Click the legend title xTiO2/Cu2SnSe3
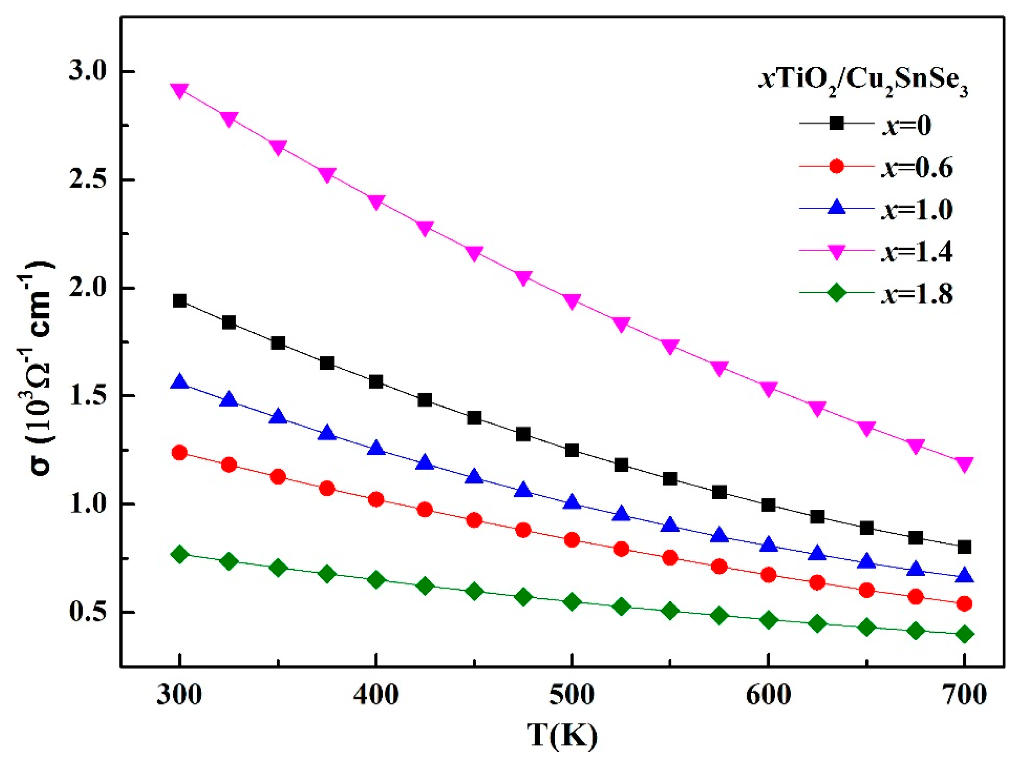pos(863,85)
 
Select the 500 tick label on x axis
pos(571,695)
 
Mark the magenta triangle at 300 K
pos(180,90)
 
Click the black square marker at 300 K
pos(180,301)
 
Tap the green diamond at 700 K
pos(964,634)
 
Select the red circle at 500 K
pos(572,540)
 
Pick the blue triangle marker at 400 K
pos(376,448)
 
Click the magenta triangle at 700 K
pos(964,464)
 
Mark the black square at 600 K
pos(768,505)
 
